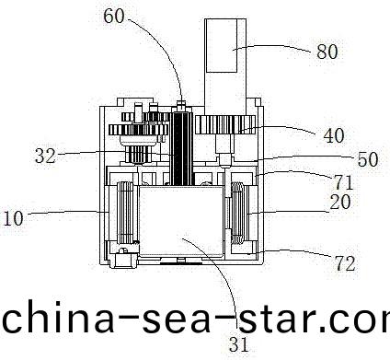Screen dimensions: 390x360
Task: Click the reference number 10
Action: pos(14,219)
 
